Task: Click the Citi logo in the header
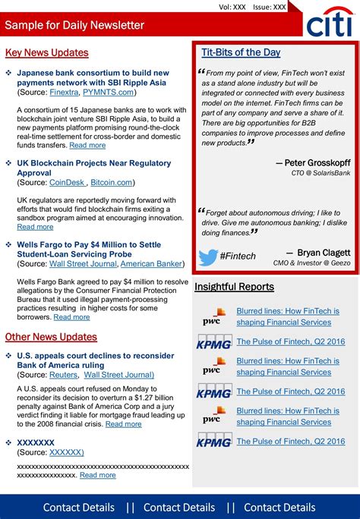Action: pyautogui.click(x=330, y=25)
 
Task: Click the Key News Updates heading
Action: pyautogui.click(x=46, y=52)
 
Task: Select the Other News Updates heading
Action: pyautogui.click(x=51, y=336)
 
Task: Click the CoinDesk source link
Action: pyautogui.click(x=67, y=182)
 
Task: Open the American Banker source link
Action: pyautogui.click(x=151, y=263)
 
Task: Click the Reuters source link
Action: pyautogui.click(x=63, y=374)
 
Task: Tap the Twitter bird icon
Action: pyautogui.click(x=208, y=256)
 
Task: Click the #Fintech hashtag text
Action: pyautogui.click(x=238, y=256)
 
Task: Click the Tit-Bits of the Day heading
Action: pyautogui.click(x=241, y=52)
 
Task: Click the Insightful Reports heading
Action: pyautogui.click(x=234, y=287)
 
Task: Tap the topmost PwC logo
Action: pyautogui.click(x=213, y=316)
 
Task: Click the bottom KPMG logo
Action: pyautogui.click(x=213, y=441)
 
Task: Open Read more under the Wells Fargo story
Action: pyautogui.click(x=71, y=316)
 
